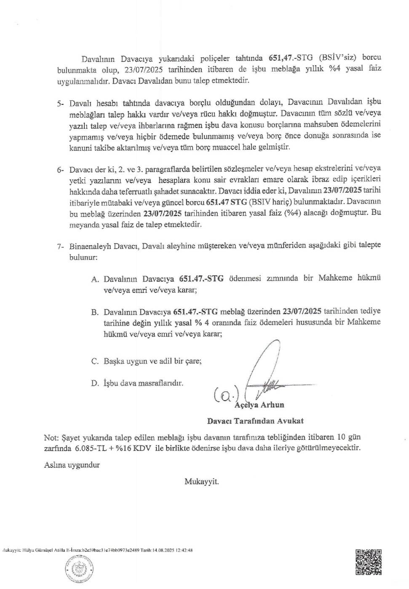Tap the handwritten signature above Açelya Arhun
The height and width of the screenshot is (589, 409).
point(270,370)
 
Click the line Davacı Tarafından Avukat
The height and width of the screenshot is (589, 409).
point(255,420)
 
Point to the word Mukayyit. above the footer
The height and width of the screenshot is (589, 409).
point(201,481)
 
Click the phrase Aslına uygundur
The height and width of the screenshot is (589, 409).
point(72,465)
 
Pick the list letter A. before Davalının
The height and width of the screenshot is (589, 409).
point(95,279)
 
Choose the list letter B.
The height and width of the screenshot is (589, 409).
point(95,312)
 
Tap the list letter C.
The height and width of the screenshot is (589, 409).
point(95,361)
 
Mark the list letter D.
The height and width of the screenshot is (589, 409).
point(95,383)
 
